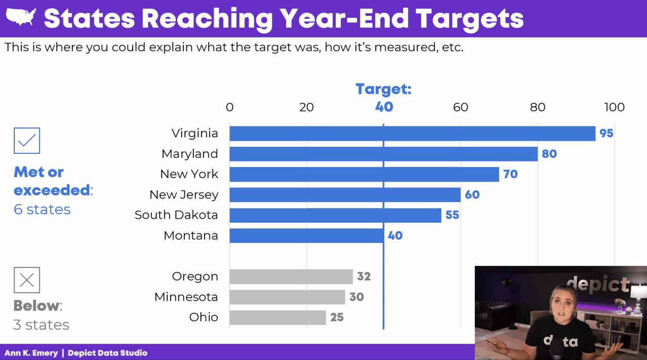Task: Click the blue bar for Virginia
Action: pos(412,134)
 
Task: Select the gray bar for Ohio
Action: pos(277,317)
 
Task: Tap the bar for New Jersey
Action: pos(345,195)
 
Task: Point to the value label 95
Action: pos(606,133)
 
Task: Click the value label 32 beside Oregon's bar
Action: pos(363,276)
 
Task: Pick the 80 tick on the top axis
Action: pos(538,107)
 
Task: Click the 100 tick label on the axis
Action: pos(614,107)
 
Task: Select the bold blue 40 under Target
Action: pos(384,107)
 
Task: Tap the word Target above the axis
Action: pos(383,89)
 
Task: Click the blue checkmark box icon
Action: pos(27,141)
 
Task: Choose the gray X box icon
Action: pos(27,280)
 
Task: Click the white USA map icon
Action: pos(21,18)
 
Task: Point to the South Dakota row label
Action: pos(176,215)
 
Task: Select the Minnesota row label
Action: pos(186,297)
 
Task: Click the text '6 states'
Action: pos(42,210)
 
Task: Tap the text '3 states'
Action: pos(41,325)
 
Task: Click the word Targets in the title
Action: pos(469,19)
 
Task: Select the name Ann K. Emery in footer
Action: pos(31,353)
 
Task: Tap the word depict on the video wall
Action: pos(597,285)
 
